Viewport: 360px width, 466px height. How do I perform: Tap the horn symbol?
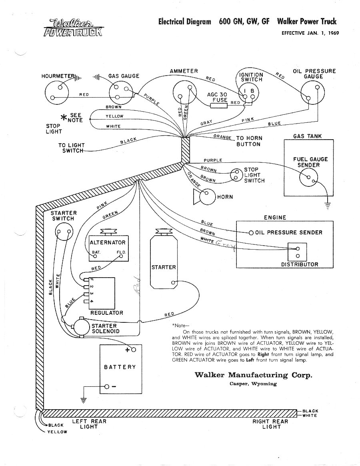[204, 197]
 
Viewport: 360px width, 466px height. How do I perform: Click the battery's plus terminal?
[133, 350]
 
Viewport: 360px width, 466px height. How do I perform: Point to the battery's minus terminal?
[107, 386]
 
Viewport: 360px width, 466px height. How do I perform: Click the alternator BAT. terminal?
[95, 256]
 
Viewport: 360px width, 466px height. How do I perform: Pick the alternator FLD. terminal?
[122, 256]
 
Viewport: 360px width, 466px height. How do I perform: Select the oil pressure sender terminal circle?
[251, 232]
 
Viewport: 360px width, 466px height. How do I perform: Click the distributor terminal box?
[298, 252]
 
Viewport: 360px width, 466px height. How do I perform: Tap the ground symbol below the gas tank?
[328, 206]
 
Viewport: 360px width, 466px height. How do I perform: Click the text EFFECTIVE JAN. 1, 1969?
[310, 33]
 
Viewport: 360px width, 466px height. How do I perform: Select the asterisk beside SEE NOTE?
[64, 118]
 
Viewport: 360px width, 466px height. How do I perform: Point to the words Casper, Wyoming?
[253, 384]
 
